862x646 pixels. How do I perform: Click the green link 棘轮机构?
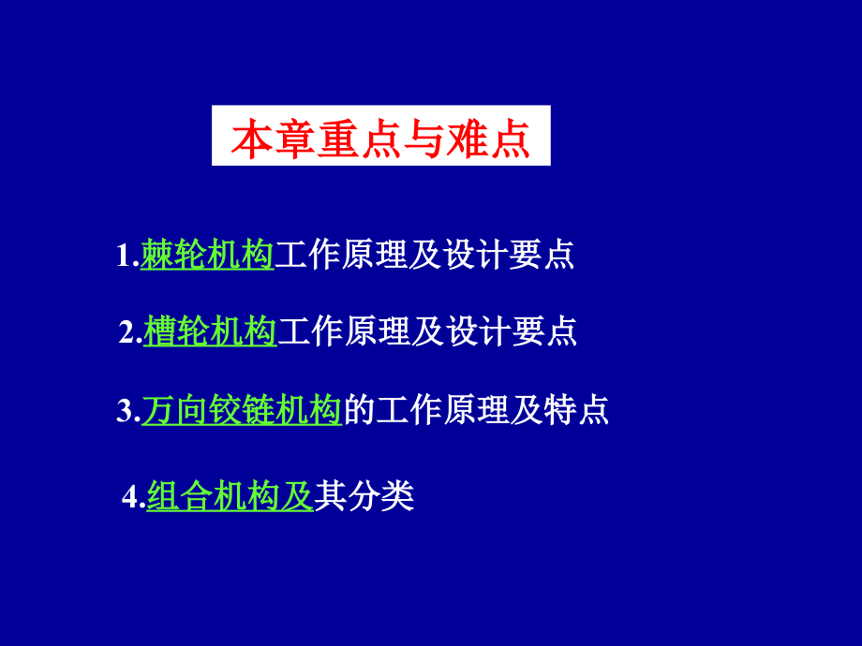point(207,255)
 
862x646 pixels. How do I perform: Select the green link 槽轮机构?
point(211,330)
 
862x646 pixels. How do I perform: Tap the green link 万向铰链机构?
point(242,411)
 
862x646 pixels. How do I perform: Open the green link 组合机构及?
point(230,495)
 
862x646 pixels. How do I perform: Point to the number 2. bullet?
point(130,332)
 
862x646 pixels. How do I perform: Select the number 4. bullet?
point(134,497)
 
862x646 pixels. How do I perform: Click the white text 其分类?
point(364,495)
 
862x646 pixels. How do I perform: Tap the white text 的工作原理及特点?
point(476,411)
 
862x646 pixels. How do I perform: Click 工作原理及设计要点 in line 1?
point(424,255)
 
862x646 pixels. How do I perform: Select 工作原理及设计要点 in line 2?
point(427,330)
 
